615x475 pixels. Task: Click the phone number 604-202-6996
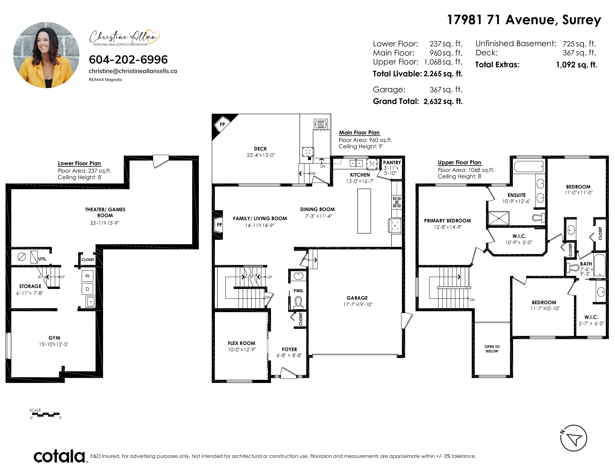tap(128, 59)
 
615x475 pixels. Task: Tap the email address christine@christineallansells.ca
tap(133, 71)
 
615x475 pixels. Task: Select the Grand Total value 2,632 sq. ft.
tap(443, 101)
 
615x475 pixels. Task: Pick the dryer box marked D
tap(87, 289)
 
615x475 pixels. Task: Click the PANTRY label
tap(392, 162)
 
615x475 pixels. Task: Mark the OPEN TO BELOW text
tap(492, 349)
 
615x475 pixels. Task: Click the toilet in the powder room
tap(298, 303)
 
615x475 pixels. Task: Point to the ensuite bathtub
tap(529, 167)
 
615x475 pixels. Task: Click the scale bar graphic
tap(45, 414)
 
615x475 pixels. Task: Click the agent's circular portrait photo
tap(46, 55)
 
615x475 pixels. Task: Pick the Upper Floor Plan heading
tap(460, 162)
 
